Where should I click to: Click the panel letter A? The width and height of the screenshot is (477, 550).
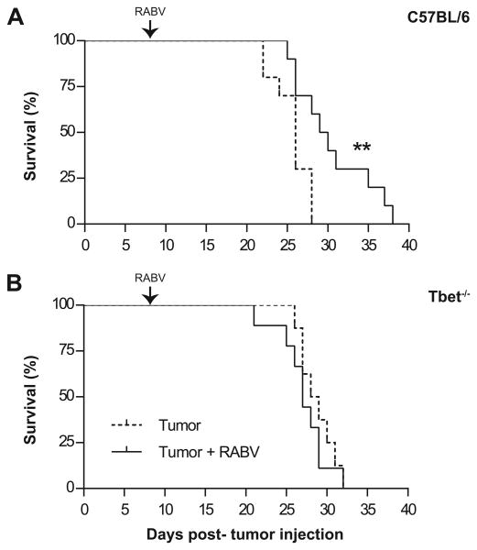16,17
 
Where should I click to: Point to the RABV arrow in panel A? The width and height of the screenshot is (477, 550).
151,30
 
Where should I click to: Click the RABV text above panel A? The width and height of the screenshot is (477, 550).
151,11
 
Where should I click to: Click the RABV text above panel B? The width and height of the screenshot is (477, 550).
151,275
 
